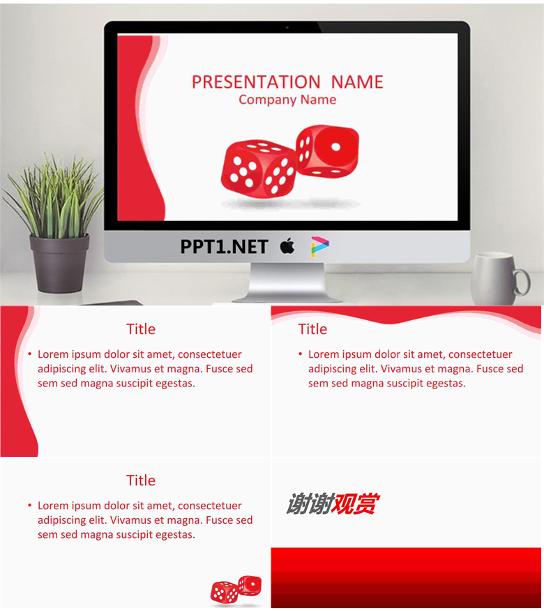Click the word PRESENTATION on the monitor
click(x=256, y=82)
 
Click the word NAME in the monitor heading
click(x=357, y=82)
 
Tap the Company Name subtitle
click(x=287, y=100)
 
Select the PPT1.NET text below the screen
click(x=224, y=247)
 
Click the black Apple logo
click(x=287, y=246)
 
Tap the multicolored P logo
click(x=319, y=247)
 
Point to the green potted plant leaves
click(x=54, y=197)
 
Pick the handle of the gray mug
click(x=522, y=282)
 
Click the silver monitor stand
click(x=287, y=282)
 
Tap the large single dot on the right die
click(x=335, y=147)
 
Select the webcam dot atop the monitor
click(x=287, y=27)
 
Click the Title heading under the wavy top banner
click(x=312, y=329)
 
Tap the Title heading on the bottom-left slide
click(x=141, y=481)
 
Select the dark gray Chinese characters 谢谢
click(x=310, y=504)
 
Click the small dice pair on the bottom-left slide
click(x=236, y=589)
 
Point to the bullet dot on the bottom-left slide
click(x=29, y=505)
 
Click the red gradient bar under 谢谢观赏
click(x=406, y=578)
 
